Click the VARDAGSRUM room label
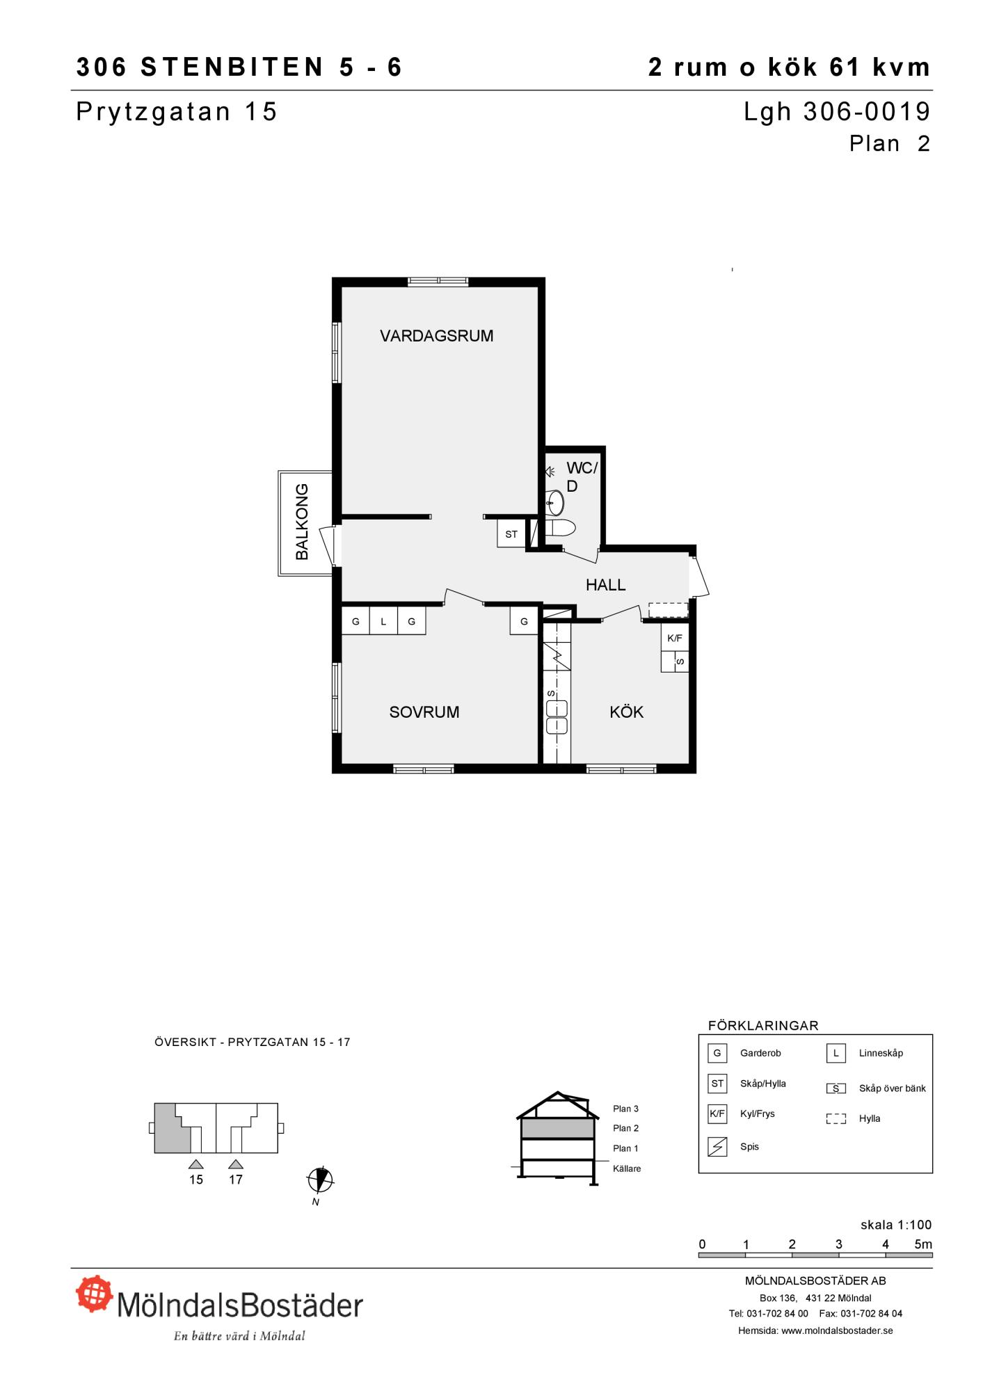[x=436, y=336]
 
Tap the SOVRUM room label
[x=424, y=712]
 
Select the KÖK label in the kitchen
[x=626, y=711]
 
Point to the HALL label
[x=605, y=585]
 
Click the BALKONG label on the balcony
[x=302, y=522]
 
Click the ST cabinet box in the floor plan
[x=511, y=534]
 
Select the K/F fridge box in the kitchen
[x=675, y=638]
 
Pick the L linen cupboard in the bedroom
[x=383, y=621]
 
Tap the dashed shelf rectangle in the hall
[x=668, y=610]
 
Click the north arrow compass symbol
[x=320, y=1179]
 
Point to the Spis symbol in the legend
[x=717, y=1146]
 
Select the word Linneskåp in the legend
[x=881, y=1053]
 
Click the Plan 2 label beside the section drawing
[x=625, y=1128]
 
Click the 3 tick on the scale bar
[x=839, y=1244]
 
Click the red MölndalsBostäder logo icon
[x=94, y=1294]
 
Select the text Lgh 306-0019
[x=837, y=111]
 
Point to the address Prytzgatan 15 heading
[x=177, y=112]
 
